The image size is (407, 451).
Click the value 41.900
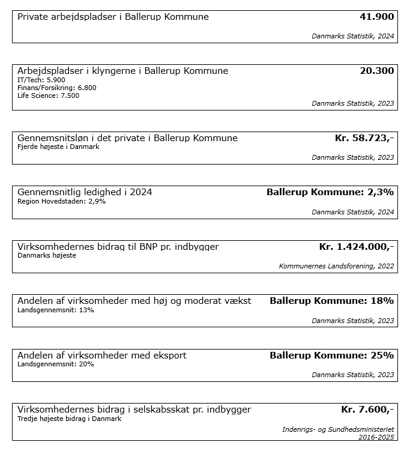pos(376,17)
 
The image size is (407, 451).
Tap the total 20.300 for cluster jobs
pos(376,71)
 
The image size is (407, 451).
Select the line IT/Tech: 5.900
pos(41,80)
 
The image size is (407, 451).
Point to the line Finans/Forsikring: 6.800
pos(57,88)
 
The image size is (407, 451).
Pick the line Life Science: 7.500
pos(49,95)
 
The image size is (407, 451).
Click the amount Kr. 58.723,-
pos(364,138)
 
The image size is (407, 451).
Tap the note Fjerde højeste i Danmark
pos(58,147)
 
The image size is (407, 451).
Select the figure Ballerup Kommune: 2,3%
pos(330,192)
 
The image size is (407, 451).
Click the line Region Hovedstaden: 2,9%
pos(62,201)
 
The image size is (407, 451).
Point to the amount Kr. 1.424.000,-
pos(356,247)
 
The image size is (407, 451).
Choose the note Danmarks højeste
pos(47,255)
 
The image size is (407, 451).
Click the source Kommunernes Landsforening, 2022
pos(336,265)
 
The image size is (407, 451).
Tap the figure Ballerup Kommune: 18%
pos(331,301)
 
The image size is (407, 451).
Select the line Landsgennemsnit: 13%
pos(56,310)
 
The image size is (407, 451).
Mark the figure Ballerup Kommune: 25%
pos(331,356)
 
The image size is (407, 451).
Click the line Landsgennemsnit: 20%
pos(56,364)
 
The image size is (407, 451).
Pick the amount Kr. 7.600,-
pos(367,410)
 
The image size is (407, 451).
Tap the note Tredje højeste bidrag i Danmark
pos(70,419)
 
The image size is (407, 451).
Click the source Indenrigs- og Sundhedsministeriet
pos(338,429)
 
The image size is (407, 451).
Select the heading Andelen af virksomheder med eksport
pos(102,356)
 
